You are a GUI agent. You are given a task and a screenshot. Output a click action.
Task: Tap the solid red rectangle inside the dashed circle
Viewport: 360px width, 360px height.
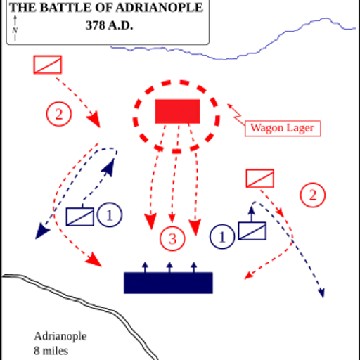(x=177, y=111)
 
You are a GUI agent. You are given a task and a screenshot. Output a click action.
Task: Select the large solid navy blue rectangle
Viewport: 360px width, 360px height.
(x=168, y=283)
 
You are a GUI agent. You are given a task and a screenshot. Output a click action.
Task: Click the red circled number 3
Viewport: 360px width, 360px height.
(x=172, y=239)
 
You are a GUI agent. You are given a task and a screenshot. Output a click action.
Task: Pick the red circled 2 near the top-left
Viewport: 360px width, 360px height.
(x=58, y=114)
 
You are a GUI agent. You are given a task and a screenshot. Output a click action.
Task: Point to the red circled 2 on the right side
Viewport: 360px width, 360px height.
(x=313, y=195)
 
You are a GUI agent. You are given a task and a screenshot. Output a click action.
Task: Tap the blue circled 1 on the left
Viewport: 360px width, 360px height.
(x=110, y=214)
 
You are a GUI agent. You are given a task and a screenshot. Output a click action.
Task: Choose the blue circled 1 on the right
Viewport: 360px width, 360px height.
(x=222, y=236)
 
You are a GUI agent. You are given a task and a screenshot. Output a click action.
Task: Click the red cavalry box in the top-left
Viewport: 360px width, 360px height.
(x=48, y=65)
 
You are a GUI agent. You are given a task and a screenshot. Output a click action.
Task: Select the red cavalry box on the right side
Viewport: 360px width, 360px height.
(x=260, y=179)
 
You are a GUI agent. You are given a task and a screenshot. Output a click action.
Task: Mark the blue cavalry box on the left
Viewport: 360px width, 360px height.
(x=80, y=217)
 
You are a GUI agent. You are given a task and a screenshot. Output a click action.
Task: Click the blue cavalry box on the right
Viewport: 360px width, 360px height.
(x=252, y=231)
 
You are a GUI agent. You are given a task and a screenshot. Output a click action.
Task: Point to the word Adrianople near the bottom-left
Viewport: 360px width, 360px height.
(x=60, y=336)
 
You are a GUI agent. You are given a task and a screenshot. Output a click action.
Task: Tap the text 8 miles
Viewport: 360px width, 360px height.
(x=51, y=351)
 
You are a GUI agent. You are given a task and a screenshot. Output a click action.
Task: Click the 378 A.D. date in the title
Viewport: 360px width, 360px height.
(x=109, y=25)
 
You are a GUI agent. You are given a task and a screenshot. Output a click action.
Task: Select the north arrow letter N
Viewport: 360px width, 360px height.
(x=15, y=30)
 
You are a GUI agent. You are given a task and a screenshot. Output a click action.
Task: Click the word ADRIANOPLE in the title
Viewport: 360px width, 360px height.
(x=160, y=8)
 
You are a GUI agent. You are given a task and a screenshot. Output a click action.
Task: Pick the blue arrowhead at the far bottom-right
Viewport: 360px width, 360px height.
(x=322, y=293)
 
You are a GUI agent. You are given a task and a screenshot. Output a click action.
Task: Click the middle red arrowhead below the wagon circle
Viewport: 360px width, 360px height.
(x=172, y=218)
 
